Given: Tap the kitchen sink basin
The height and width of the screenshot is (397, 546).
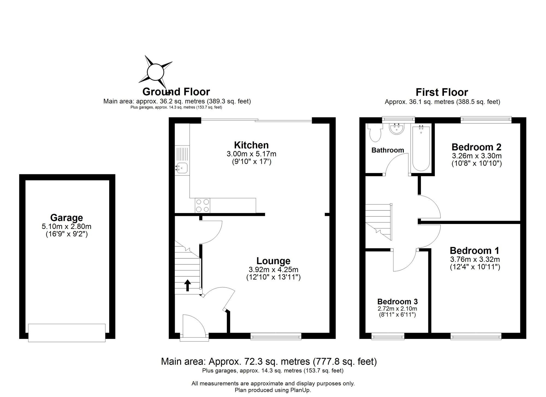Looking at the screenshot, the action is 182,168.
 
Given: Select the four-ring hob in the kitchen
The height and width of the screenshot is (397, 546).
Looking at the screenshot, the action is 203,206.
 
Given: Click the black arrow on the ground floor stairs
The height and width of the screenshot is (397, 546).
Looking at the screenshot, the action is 188,285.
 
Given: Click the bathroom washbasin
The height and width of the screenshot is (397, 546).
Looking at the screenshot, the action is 396,129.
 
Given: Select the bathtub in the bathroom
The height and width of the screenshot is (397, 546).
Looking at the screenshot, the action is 421,148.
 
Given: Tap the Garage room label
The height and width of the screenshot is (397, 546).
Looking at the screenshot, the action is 67,218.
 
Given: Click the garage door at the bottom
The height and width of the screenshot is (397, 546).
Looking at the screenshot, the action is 67,333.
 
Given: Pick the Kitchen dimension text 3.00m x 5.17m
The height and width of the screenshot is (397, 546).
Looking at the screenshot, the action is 251,154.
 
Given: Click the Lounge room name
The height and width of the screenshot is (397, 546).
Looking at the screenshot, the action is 273,261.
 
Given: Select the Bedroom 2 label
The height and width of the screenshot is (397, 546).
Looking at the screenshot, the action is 476,147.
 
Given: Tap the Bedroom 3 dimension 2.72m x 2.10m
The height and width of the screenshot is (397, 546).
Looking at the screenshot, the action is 397,309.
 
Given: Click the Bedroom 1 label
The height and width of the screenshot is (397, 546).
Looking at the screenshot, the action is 474,250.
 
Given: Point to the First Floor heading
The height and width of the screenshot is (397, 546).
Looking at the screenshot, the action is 442,92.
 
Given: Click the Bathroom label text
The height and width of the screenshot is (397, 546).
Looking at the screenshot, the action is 388,150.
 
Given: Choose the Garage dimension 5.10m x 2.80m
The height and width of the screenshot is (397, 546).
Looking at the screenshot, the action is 67,226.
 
